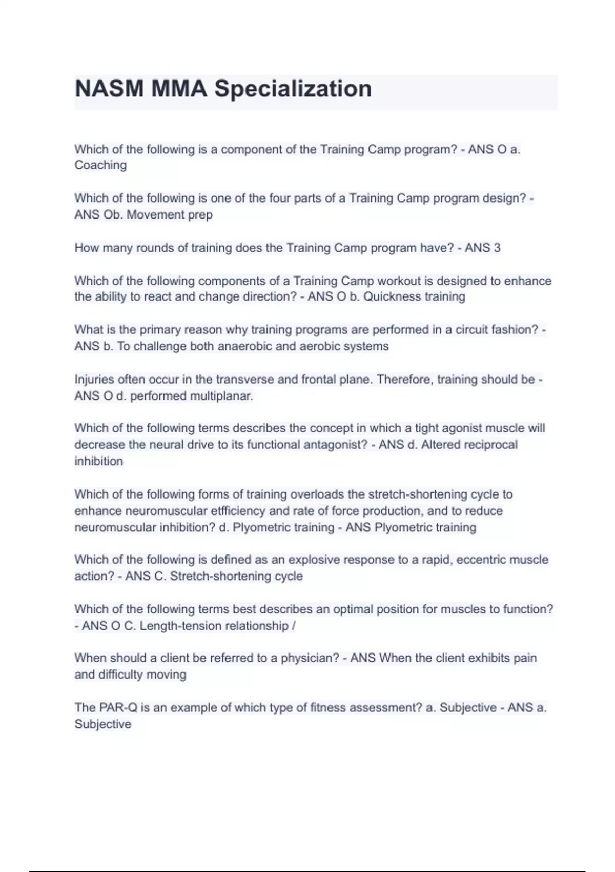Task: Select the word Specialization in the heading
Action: (x=293, y=89)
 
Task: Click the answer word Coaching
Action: (x=100, y=165)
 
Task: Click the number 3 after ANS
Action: (x=497, y=248)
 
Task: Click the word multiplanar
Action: (x=221, y=397)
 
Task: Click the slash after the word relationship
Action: (x=293, y=626)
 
